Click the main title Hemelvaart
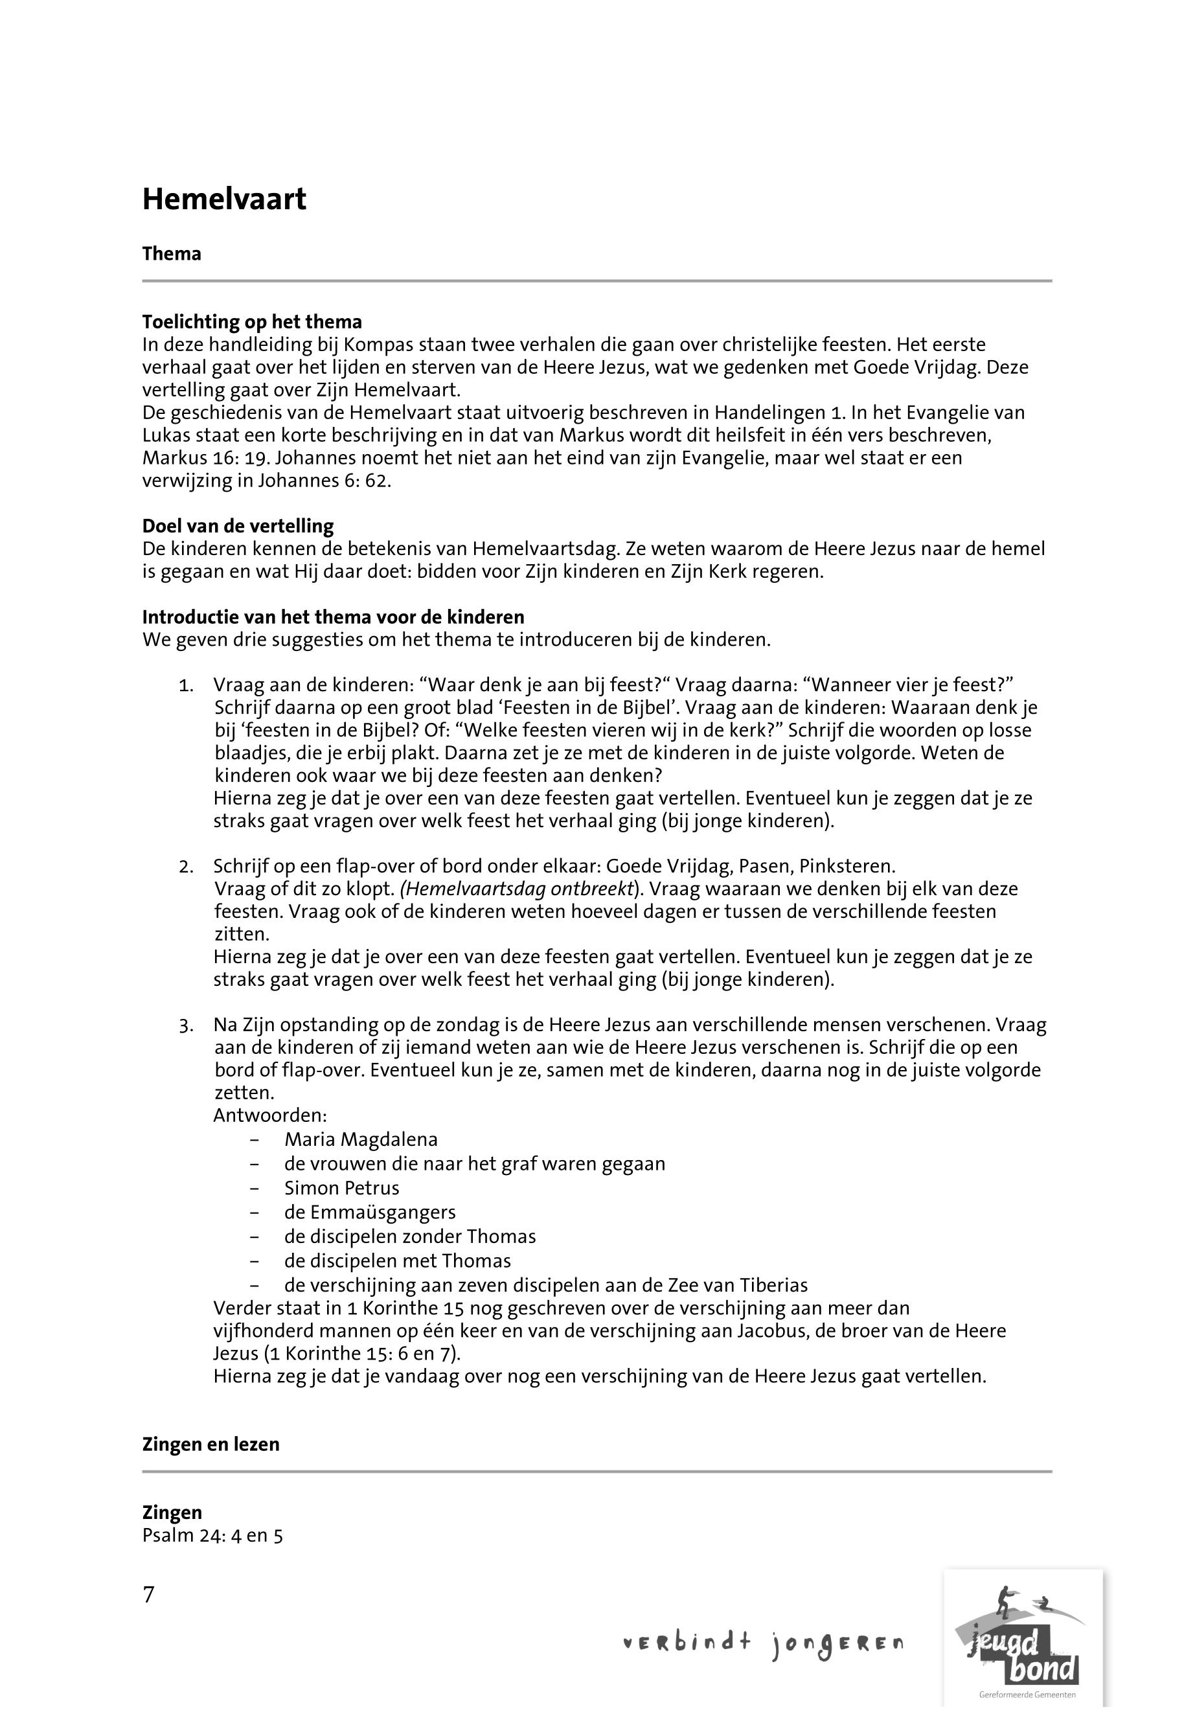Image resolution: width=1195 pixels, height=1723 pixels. point(224,200)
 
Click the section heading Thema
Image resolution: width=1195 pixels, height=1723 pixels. point(172,254)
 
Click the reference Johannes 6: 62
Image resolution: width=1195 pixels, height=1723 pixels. point(325,481)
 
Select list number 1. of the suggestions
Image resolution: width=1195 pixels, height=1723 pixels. point(187,685)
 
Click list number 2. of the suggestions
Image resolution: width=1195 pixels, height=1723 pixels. point(187,867)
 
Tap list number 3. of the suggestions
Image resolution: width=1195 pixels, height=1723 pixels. point(187,1026)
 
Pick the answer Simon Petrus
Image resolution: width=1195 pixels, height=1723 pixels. point(341,1189)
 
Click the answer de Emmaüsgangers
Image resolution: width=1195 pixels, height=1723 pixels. point(370,1213)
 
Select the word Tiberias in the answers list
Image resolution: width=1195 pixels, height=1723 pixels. point(773,1286)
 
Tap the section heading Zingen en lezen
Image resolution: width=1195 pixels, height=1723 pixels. point(211,1444)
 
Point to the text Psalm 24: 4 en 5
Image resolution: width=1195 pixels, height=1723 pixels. point(212,1536)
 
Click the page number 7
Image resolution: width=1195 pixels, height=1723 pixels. point(148,1595)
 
